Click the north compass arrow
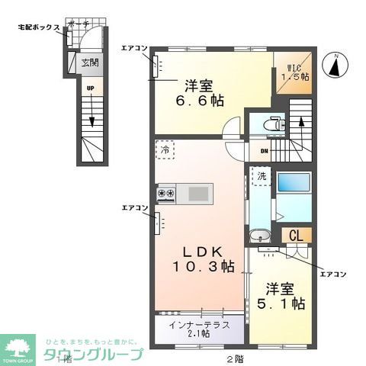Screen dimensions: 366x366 click(335, 66)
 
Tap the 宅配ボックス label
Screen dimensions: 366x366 click(38, 27)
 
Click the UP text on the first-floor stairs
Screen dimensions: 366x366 click(90, 89)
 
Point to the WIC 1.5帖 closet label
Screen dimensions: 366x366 click(294, 71)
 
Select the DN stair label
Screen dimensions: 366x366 click(264, 151)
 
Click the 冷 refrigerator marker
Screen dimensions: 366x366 click(165, 149)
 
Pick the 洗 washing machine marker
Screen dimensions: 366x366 click(262, 176)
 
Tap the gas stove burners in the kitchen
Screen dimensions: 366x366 click(166, 194)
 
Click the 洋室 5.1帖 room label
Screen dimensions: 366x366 click(285, 297)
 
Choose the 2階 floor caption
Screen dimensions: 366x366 click(234, 358)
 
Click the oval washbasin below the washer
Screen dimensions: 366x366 click(261, 234)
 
